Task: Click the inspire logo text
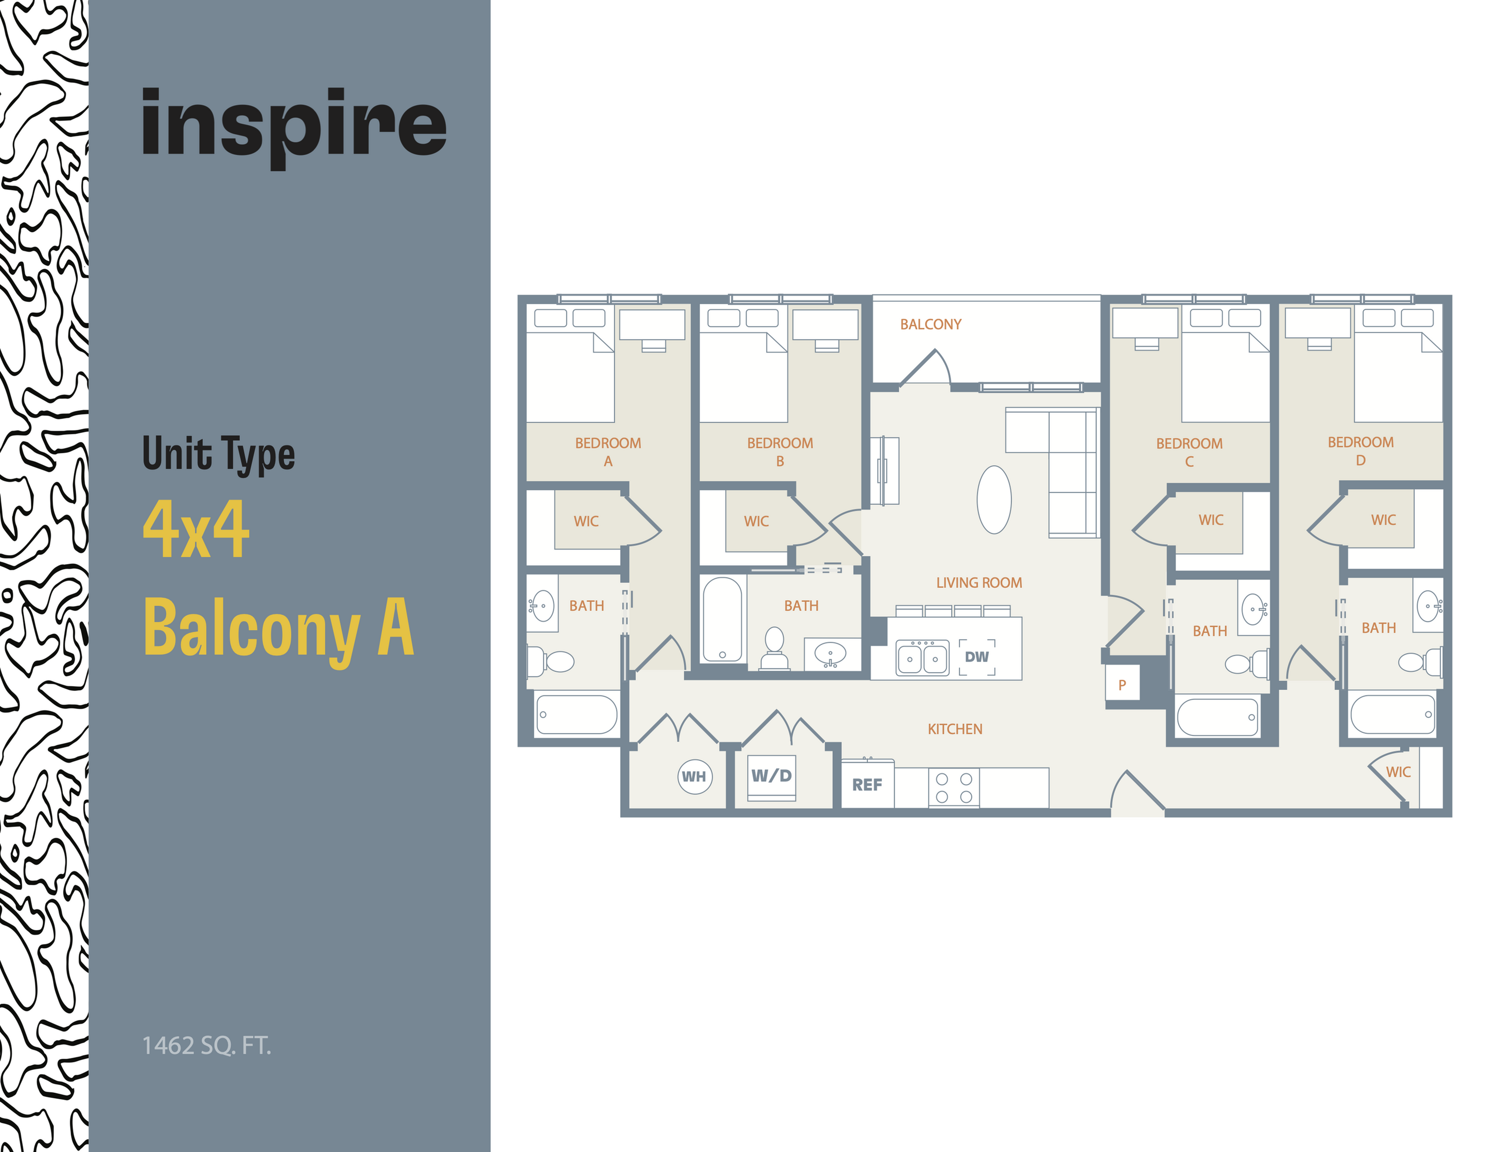coord(293,126)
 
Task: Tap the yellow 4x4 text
coord(196,529)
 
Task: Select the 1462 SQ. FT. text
coord(206,1045)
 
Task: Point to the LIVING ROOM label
coord(978,583)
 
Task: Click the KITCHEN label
coord(955,729)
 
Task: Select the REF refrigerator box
coord(866,785)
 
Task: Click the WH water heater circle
coord(694,777)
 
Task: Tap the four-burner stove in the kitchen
coord(953,787)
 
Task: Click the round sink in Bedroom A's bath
coord(542,605)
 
